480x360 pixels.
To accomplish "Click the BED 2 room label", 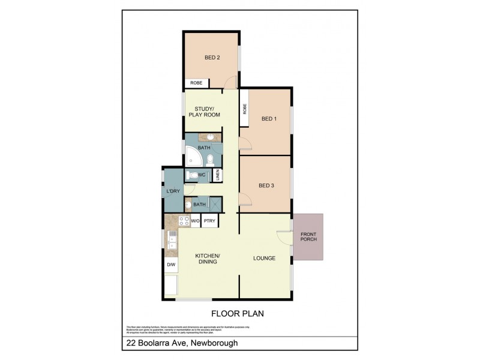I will (x=212, y=58).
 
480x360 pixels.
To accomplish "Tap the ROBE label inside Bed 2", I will (x=196, y=83).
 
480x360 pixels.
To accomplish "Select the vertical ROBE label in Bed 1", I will (x=245, y=109).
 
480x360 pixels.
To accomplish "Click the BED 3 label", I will (x=266, y=185).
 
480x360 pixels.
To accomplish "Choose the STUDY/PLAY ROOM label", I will (x=204, y=112).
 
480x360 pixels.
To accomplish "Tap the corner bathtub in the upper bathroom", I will (x=193, y=158).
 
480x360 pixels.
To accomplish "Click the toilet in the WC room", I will (x=191, y=175).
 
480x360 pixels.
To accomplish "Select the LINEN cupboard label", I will (x=218, y=175).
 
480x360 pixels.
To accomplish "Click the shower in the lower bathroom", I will (x=215, y=204).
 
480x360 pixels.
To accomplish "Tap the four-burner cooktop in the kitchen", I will (x=184, y=221).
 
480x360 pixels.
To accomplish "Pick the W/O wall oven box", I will (x=196, y=221).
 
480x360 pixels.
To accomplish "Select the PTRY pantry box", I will (x=209, y=221).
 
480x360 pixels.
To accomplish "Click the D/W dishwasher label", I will (x=171, y=265).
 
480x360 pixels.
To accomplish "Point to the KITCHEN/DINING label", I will (x=208, y=259).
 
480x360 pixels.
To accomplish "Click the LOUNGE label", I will (x=264, y=259).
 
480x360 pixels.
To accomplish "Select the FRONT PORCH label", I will (x=308, y=236).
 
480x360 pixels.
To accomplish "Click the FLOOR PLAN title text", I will (x=238, y=313).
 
